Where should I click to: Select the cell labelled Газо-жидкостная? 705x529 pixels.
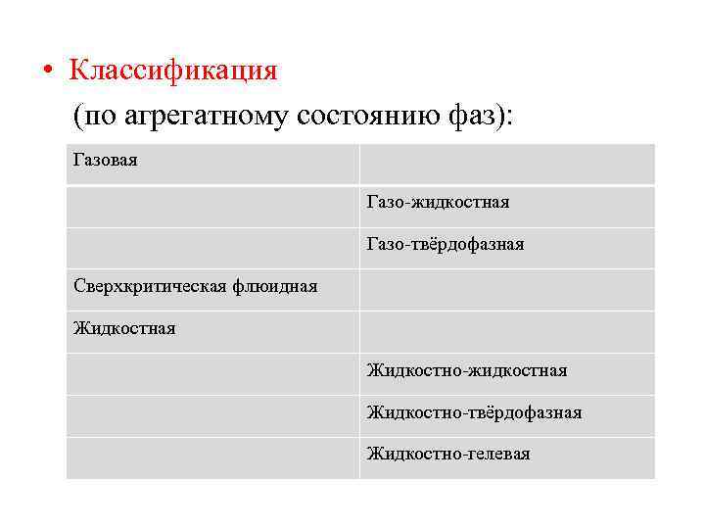438,202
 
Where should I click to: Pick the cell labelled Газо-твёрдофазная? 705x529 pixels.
446,244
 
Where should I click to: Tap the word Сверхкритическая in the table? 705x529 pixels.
151,286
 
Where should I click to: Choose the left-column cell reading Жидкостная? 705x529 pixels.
124,328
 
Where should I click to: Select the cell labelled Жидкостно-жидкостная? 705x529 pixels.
467,370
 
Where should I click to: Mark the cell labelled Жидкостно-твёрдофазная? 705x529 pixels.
474,412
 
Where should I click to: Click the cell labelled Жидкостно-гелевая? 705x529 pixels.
448,454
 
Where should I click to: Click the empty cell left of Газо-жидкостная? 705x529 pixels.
212,207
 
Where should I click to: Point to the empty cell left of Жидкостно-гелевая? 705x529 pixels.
212,457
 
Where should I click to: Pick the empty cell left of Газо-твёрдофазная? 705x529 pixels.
212,248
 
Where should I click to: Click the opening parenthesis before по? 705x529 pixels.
77,118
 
